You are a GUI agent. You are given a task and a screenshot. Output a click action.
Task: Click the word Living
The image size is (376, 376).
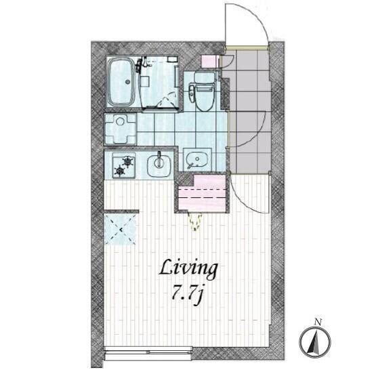coord(188,270)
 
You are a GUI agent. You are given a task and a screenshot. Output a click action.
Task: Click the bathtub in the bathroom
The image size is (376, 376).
coord(121,83)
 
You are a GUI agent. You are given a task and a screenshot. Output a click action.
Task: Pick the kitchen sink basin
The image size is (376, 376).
coord(159,165)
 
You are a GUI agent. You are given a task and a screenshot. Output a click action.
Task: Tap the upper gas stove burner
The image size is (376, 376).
coord(128,161)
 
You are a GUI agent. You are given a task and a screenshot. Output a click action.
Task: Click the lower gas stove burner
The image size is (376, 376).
coord(119,171)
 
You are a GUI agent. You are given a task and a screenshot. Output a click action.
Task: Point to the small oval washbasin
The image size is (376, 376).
coord(197,159)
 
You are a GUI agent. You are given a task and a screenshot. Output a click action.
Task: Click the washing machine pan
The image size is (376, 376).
coord(120,129)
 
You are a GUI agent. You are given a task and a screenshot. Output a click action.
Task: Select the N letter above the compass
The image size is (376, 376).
coord(318,322)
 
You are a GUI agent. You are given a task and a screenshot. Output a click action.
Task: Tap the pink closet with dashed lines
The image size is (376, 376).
coord(202,193)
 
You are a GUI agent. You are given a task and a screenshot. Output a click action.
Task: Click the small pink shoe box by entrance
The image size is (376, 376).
coord(209,62)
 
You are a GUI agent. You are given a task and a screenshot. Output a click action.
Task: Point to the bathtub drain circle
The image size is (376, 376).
coord(127,81)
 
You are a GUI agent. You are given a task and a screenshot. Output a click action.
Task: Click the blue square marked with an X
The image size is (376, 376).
coord(120,230)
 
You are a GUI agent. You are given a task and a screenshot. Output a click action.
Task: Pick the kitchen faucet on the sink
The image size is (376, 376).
coord(159,159)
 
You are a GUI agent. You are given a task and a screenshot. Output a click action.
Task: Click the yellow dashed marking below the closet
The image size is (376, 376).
coord(195,222)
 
